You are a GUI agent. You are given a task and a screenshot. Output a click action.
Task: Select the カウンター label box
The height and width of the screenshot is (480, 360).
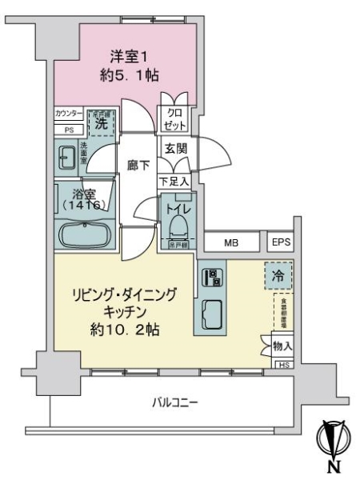(69, 114)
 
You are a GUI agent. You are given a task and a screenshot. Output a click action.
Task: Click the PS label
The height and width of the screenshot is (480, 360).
(69, 129)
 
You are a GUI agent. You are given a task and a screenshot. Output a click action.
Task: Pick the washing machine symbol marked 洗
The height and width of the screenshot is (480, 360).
(102, 123)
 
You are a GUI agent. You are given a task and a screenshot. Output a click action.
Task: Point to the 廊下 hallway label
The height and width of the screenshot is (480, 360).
(138, 166)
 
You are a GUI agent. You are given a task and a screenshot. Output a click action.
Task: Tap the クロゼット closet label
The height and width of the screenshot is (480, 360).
(175, 119)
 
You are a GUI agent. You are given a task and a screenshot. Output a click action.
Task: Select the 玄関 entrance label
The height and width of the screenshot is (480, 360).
(175, 149)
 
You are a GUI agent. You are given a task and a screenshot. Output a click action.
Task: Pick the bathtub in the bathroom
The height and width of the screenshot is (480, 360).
(83, 235)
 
